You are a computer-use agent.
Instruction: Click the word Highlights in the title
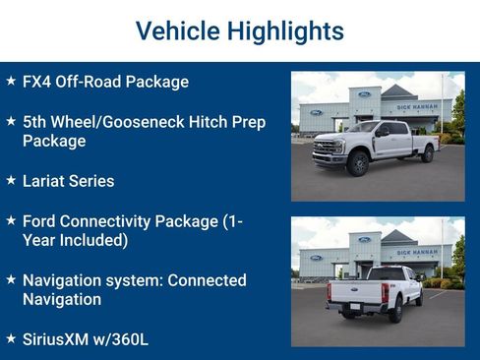point(291,30)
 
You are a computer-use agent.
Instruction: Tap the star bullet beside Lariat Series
point(10,181)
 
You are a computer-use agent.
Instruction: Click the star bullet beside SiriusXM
point(10,338)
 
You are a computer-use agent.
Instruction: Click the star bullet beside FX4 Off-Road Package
point(10,82)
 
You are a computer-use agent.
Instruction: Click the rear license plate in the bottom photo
point(351,306)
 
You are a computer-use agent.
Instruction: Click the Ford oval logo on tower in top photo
point(365,93)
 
